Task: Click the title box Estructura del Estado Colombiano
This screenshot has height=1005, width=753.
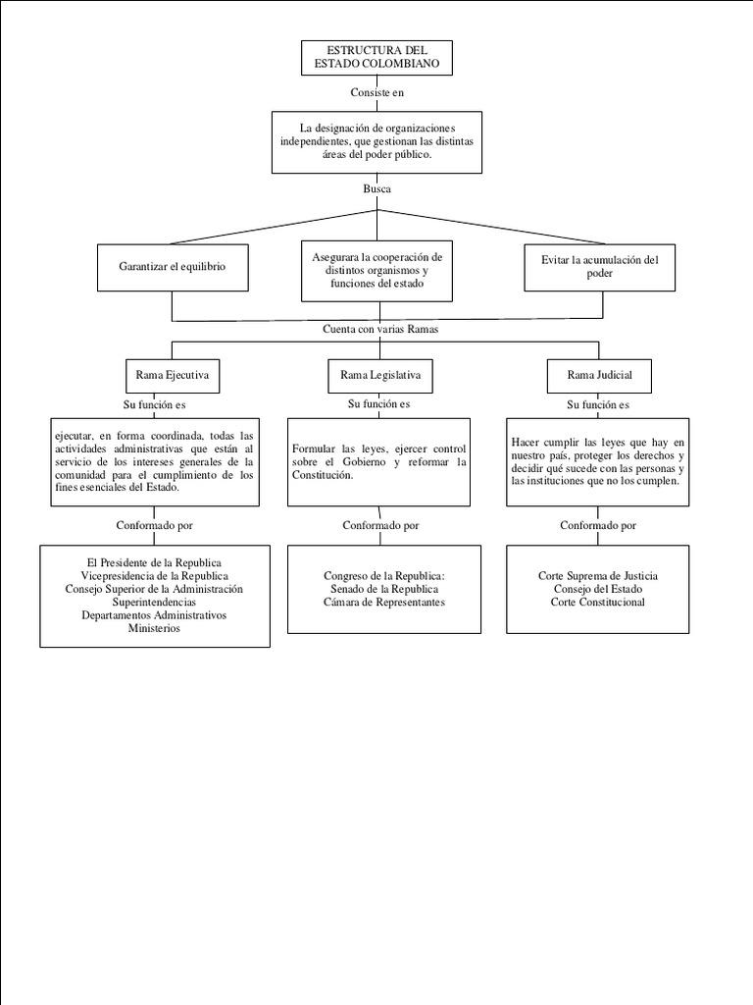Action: (376, 58)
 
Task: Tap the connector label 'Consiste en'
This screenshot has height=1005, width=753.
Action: (376, 92)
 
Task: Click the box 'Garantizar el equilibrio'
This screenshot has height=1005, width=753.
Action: (172, 266)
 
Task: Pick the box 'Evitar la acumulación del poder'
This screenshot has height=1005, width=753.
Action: (599, 266)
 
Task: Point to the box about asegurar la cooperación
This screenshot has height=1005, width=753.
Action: (377, 270)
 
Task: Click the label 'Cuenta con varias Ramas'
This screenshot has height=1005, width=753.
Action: (380, 329)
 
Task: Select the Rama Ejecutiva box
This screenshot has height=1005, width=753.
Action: (172, 375)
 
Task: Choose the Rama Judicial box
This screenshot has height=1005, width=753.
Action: (599, 375)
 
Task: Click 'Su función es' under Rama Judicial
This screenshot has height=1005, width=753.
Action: (598, 404)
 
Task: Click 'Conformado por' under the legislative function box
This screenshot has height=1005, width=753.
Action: (380, 525)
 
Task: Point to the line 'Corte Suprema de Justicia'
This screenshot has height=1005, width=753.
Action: (598, 576)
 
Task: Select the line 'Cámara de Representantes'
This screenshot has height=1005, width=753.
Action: (383, 602)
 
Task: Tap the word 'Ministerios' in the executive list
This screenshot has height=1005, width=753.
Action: (155, 628)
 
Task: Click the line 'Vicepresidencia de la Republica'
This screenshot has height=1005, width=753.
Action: (155, 576)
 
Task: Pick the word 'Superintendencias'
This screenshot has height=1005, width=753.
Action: (155, 602)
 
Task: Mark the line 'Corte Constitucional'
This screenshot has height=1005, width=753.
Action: (598, 602)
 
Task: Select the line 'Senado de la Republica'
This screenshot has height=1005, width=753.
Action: (383, 589)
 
